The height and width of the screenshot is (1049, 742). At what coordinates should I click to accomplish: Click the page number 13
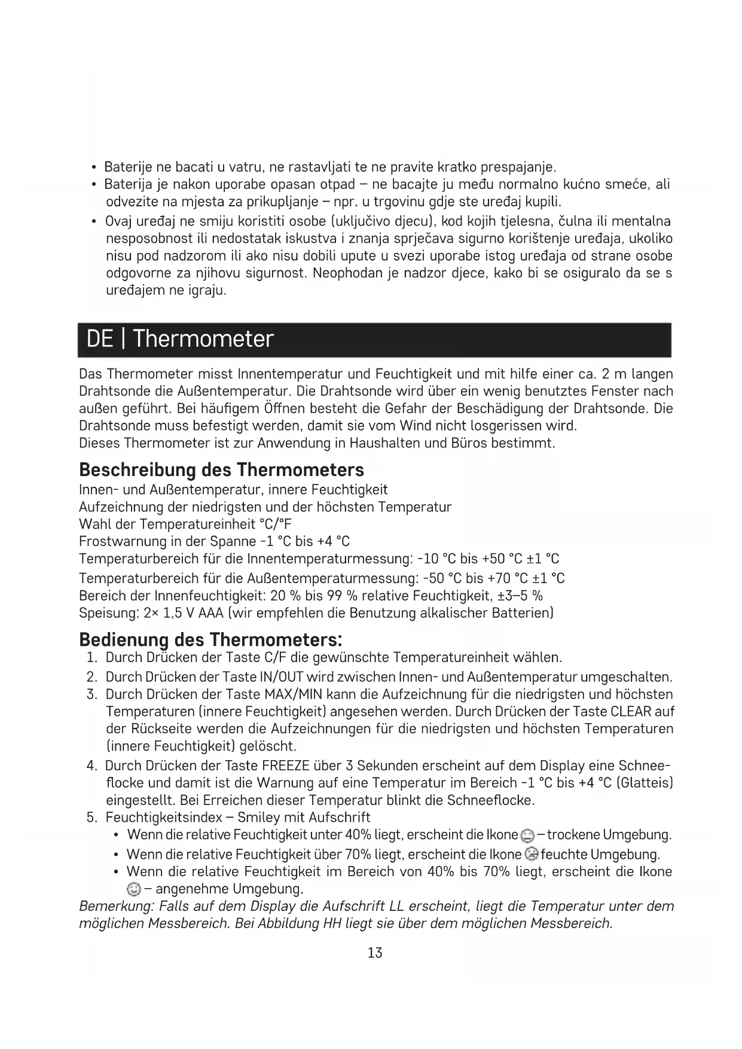point(375,953)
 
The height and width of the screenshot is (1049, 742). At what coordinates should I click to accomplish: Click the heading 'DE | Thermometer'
point(180,339)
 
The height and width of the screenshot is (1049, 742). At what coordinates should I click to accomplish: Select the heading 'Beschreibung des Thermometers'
point(221,469)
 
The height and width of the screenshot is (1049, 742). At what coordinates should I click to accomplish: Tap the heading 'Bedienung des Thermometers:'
point(210,639)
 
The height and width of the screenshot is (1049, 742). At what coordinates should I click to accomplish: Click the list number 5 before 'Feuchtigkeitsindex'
point(91,818)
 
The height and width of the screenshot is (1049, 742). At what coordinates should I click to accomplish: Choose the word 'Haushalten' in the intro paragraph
point(383,443)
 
